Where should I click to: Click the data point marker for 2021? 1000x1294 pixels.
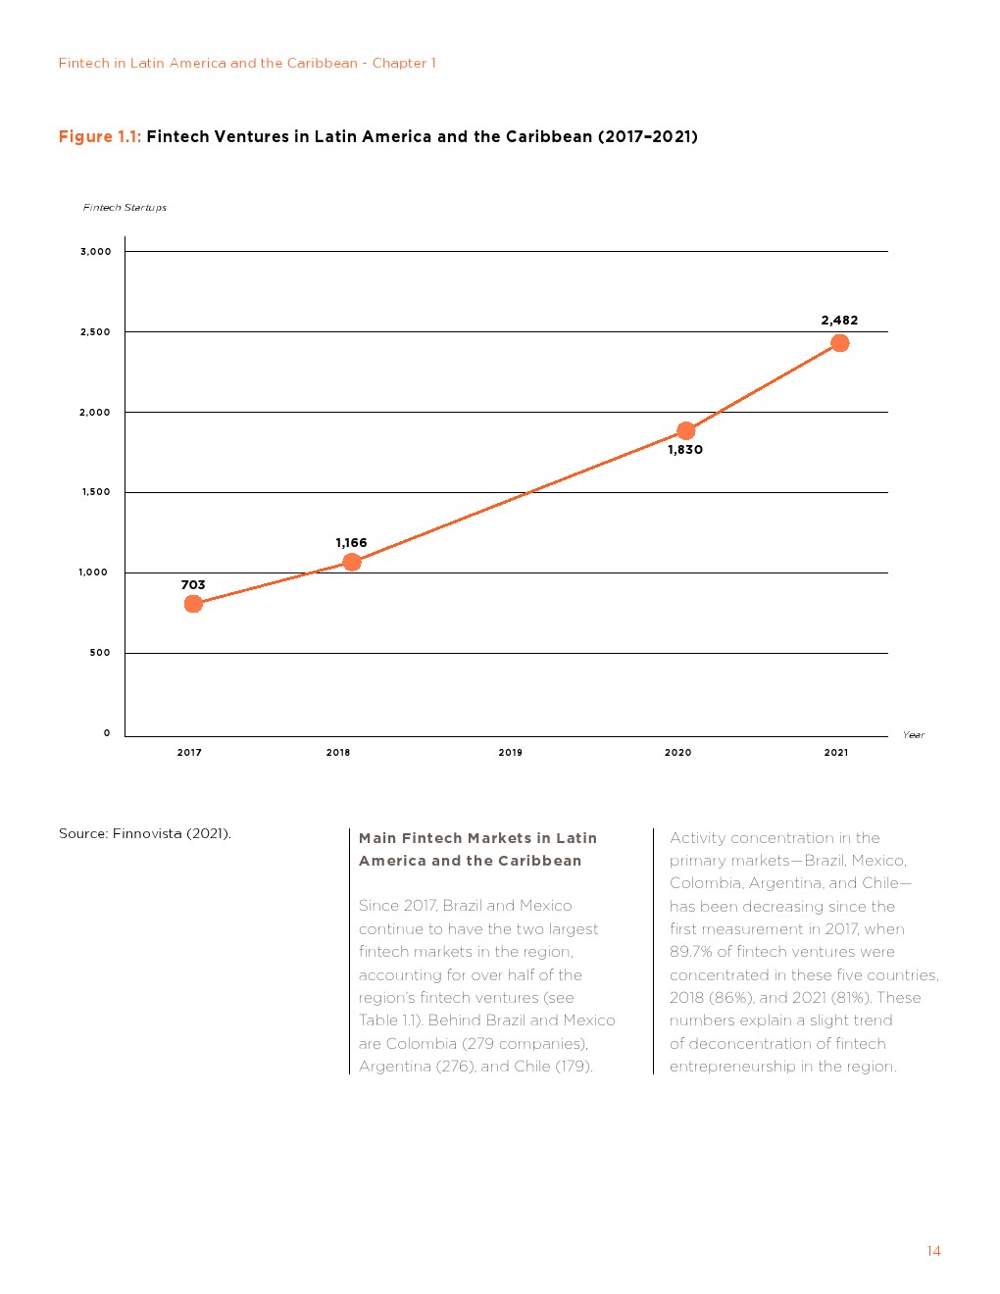(x=839, y=343)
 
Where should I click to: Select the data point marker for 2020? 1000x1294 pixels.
(x=686, y=430)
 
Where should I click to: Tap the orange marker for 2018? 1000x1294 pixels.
(x=352, y=562)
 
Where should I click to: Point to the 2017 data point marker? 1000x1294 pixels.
(x=193, y=604)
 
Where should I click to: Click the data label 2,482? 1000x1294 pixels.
(x=839, y=321)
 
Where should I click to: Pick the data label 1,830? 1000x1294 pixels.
(x=685, y=450)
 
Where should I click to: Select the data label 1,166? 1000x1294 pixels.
(x=351, y=543)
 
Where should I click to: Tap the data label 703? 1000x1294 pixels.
(x=193, y=585)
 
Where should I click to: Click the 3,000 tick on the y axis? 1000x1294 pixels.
(x=96, y=252)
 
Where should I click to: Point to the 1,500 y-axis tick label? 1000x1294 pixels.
(x=96, y=492)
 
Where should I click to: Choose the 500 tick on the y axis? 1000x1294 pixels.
(x=100, y=653)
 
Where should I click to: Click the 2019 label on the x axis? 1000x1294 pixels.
(x=510, y=753)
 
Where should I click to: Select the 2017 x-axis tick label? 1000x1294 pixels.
(x=189, y=753)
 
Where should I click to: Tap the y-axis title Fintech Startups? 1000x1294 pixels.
(x=125, y=208)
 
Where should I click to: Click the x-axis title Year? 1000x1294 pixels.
(x=914, y=735)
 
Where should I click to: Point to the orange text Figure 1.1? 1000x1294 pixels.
(x=100, y=137)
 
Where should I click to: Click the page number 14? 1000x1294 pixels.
(x=933, y=1251)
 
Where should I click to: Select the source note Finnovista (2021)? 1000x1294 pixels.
(x=172, y=834)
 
